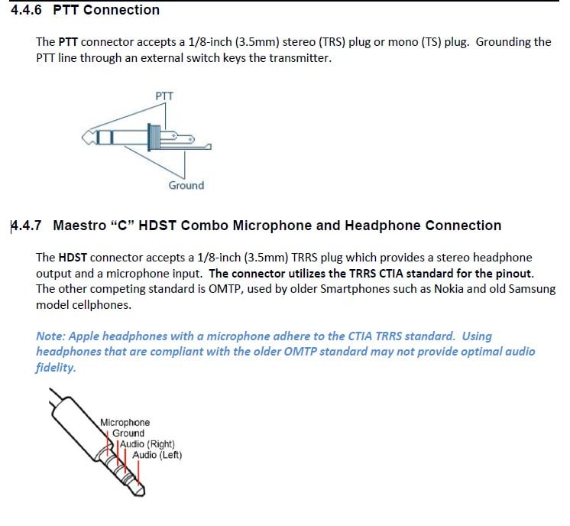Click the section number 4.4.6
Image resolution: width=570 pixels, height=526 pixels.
coord(28,10)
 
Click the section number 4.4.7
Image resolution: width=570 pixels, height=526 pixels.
coord(29,226)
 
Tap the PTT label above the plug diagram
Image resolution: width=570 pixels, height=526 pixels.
coord(164,96)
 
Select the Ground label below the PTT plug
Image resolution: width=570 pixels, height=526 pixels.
coord(186,185)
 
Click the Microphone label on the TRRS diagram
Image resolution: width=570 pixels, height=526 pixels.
coord(125,422)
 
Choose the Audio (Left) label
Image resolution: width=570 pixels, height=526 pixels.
coord(157,455)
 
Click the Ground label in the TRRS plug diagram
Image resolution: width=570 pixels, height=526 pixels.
coord(128,433)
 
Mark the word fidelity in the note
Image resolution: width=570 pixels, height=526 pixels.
coord(56,367)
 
